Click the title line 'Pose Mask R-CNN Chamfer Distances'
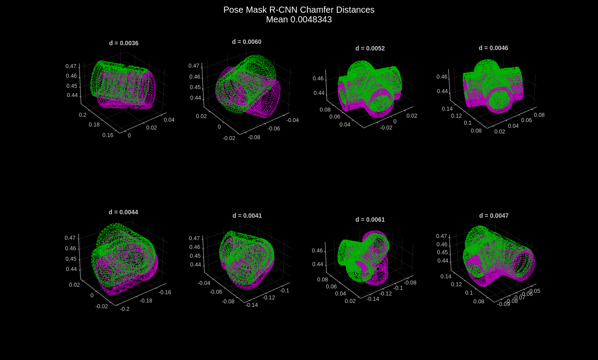(x=299, y=10)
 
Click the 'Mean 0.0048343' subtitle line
(x=299, y=20)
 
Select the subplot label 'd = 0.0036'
(x=124, y=43)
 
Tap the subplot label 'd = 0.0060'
(x=247, y=42)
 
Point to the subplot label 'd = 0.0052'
(x=370, y=48)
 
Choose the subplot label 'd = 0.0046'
(x=494, y=48)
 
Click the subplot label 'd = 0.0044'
(x=123, y=212)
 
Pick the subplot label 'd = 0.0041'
(x=247, y=216)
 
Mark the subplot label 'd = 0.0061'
(x=370, y=220)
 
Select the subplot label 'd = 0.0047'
(x=494, y=216)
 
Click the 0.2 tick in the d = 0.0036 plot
(x=83, y=115)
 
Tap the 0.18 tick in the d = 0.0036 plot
(x=94, y=125)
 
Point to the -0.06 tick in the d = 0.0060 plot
(x=274, y=129)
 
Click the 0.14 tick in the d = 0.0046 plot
(x=447, y=109)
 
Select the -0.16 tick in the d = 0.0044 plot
(x=165, y=292)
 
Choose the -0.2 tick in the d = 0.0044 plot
(x=125, y=309)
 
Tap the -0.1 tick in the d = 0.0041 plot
(x=285, y=291)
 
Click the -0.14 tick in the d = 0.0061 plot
(x=373, y=299)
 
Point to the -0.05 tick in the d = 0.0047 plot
(x=534, y=291)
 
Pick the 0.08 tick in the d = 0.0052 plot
(x=325, y=110)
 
